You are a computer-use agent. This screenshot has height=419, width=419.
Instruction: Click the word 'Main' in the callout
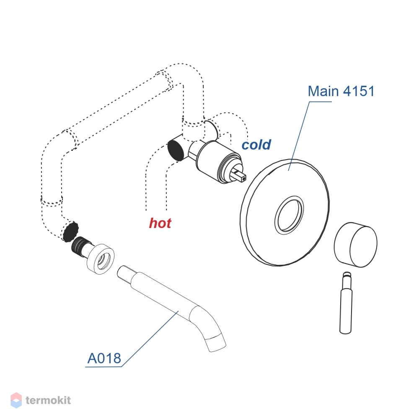click(x=323, y=91)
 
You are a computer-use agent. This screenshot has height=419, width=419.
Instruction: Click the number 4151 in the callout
click(x=359, y=91)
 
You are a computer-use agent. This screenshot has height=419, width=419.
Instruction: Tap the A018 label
click(x=104, y=358)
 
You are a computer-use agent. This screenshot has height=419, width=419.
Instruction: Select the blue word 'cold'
click(x=256, y=145)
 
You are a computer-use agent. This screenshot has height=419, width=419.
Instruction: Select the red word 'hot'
click(x=160, y=223)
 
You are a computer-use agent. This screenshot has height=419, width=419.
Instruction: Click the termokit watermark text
click(x=48, y=400)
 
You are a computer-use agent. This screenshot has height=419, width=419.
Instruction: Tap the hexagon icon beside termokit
click(x=16, y=400)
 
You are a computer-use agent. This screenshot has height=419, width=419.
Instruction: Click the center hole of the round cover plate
click(x=289, y=215)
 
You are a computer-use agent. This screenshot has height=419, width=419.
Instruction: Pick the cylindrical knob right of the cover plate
click(x=356, y=245)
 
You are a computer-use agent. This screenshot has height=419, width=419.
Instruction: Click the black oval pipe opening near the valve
click(x=176, y=150)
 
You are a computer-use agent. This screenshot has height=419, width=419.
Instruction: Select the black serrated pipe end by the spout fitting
click(x=70, y=231)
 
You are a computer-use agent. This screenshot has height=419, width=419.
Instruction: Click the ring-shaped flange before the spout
click(x=101, y=259)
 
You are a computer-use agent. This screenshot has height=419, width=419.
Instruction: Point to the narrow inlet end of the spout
click(x=125, y=273)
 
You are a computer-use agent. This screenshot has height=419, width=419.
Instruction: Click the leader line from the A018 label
click(x=150, y=339)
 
